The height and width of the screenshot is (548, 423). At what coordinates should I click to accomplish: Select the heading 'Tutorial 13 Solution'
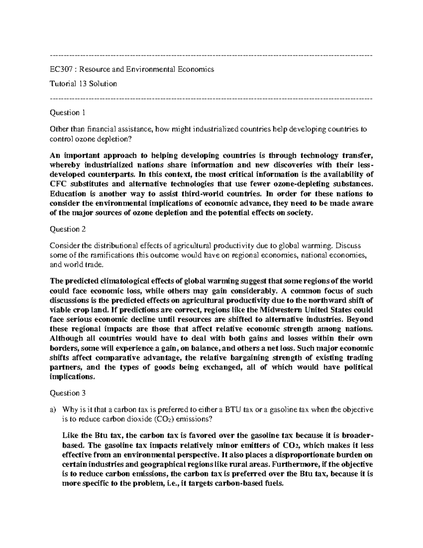[83, 84]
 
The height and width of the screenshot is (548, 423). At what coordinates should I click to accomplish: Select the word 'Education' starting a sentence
[68, 194]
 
